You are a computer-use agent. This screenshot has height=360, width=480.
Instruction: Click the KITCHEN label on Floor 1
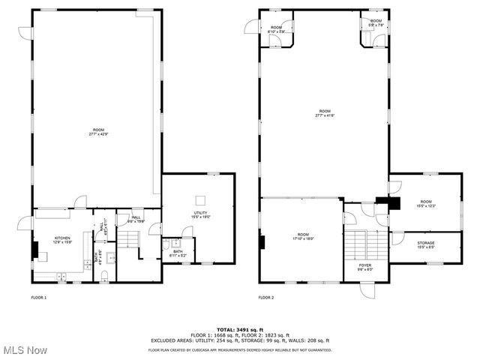(62, 240)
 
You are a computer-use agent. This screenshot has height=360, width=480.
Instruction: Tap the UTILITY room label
(201, 215)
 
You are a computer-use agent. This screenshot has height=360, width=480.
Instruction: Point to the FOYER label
(364, 266)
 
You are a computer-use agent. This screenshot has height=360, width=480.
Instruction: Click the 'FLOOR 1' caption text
(39, 298)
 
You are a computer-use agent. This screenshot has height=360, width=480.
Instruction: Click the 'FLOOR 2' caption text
(266, 298)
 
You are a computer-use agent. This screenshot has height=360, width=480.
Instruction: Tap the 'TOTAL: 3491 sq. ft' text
(240, 329)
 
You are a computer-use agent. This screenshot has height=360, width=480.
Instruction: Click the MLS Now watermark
(24, 350)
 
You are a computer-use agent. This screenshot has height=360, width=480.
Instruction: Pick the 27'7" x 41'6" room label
(325, 115)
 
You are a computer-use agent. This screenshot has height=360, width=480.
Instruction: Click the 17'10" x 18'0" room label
(303, 236)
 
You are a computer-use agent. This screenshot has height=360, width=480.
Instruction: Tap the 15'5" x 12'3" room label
(426, 203)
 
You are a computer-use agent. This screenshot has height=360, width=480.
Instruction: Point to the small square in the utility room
(200, 199)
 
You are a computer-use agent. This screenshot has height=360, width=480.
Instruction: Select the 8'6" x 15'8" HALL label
(136, 219)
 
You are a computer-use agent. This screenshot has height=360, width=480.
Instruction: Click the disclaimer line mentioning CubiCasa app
(240, 349)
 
